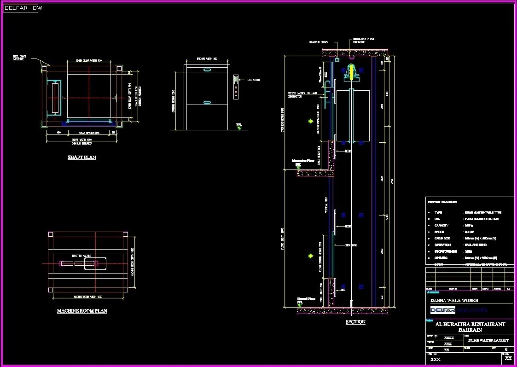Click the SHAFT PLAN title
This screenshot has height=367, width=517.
point(82,157)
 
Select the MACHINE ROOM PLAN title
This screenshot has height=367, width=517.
point(82,311)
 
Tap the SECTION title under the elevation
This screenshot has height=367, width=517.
point(355,322)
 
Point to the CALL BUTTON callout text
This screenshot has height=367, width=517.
point(254,80)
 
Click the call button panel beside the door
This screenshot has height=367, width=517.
point(236,87)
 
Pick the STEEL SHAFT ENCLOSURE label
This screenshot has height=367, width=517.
point(19,58)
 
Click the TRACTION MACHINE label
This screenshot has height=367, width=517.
point(81,256)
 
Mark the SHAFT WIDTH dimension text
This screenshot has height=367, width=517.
point(82,139)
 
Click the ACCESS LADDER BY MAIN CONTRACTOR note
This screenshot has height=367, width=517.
point(302,94)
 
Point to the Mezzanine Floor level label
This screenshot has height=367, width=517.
point(302,162)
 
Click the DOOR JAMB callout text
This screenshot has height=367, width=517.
point(351,245)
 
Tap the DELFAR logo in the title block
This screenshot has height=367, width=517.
point(442,310)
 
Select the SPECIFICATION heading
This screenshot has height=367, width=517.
point(442,202)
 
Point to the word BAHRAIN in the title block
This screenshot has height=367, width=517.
point(470,330)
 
